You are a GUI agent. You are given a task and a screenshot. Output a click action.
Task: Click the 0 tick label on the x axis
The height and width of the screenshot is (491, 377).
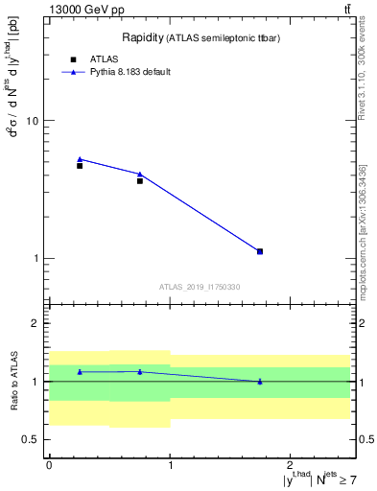pyautogui.click(x=49, y=465)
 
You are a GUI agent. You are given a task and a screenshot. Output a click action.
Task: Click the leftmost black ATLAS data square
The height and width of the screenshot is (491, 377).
pyautogui.click(x=80, y=166)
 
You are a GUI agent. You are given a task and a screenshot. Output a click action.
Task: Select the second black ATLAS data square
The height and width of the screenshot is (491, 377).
pyautogui.click(x=140, y=180)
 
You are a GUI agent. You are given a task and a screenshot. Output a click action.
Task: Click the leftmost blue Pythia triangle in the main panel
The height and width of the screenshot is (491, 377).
pyautogui.click(x=80, y=159)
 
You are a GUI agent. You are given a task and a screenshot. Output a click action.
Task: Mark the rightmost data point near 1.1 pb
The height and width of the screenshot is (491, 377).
pyautogui.click(x=260, y=251)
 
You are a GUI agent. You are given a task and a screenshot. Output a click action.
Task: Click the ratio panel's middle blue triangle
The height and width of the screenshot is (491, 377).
pyautogui.click(x=140, y=371)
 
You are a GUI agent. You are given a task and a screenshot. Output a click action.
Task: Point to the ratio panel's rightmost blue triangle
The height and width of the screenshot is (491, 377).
pyautogui.click(x=260, y=381)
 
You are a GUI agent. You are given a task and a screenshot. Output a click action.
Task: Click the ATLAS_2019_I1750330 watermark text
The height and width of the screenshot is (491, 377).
pyautogui.click(x=200, y=287)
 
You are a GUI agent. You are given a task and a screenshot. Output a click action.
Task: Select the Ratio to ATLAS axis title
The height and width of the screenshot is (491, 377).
pyautogui.click(x=14, y=382)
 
